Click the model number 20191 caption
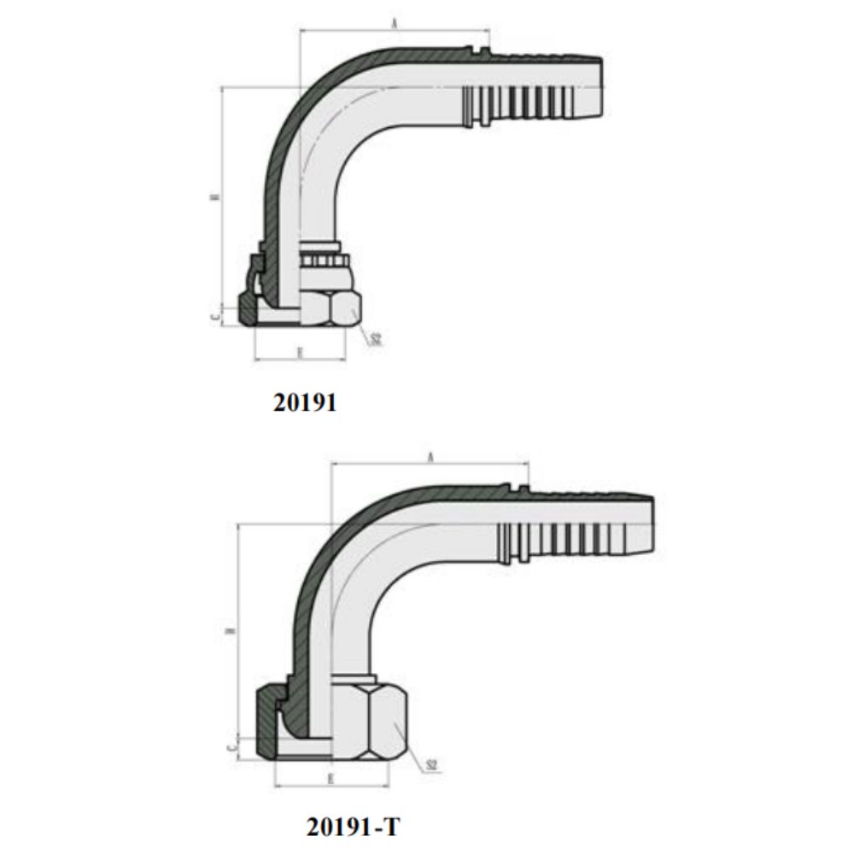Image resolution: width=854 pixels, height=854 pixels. [305, 402]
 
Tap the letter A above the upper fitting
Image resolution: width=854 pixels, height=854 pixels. [394, 25]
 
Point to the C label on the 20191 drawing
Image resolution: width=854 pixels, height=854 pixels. [216, 315]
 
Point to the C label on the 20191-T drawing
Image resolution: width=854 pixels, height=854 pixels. [232, 747]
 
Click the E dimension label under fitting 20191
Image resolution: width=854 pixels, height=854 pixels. [299, 351]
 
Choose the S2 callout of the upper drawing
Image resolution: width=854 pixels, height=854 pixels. [375, 339]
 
